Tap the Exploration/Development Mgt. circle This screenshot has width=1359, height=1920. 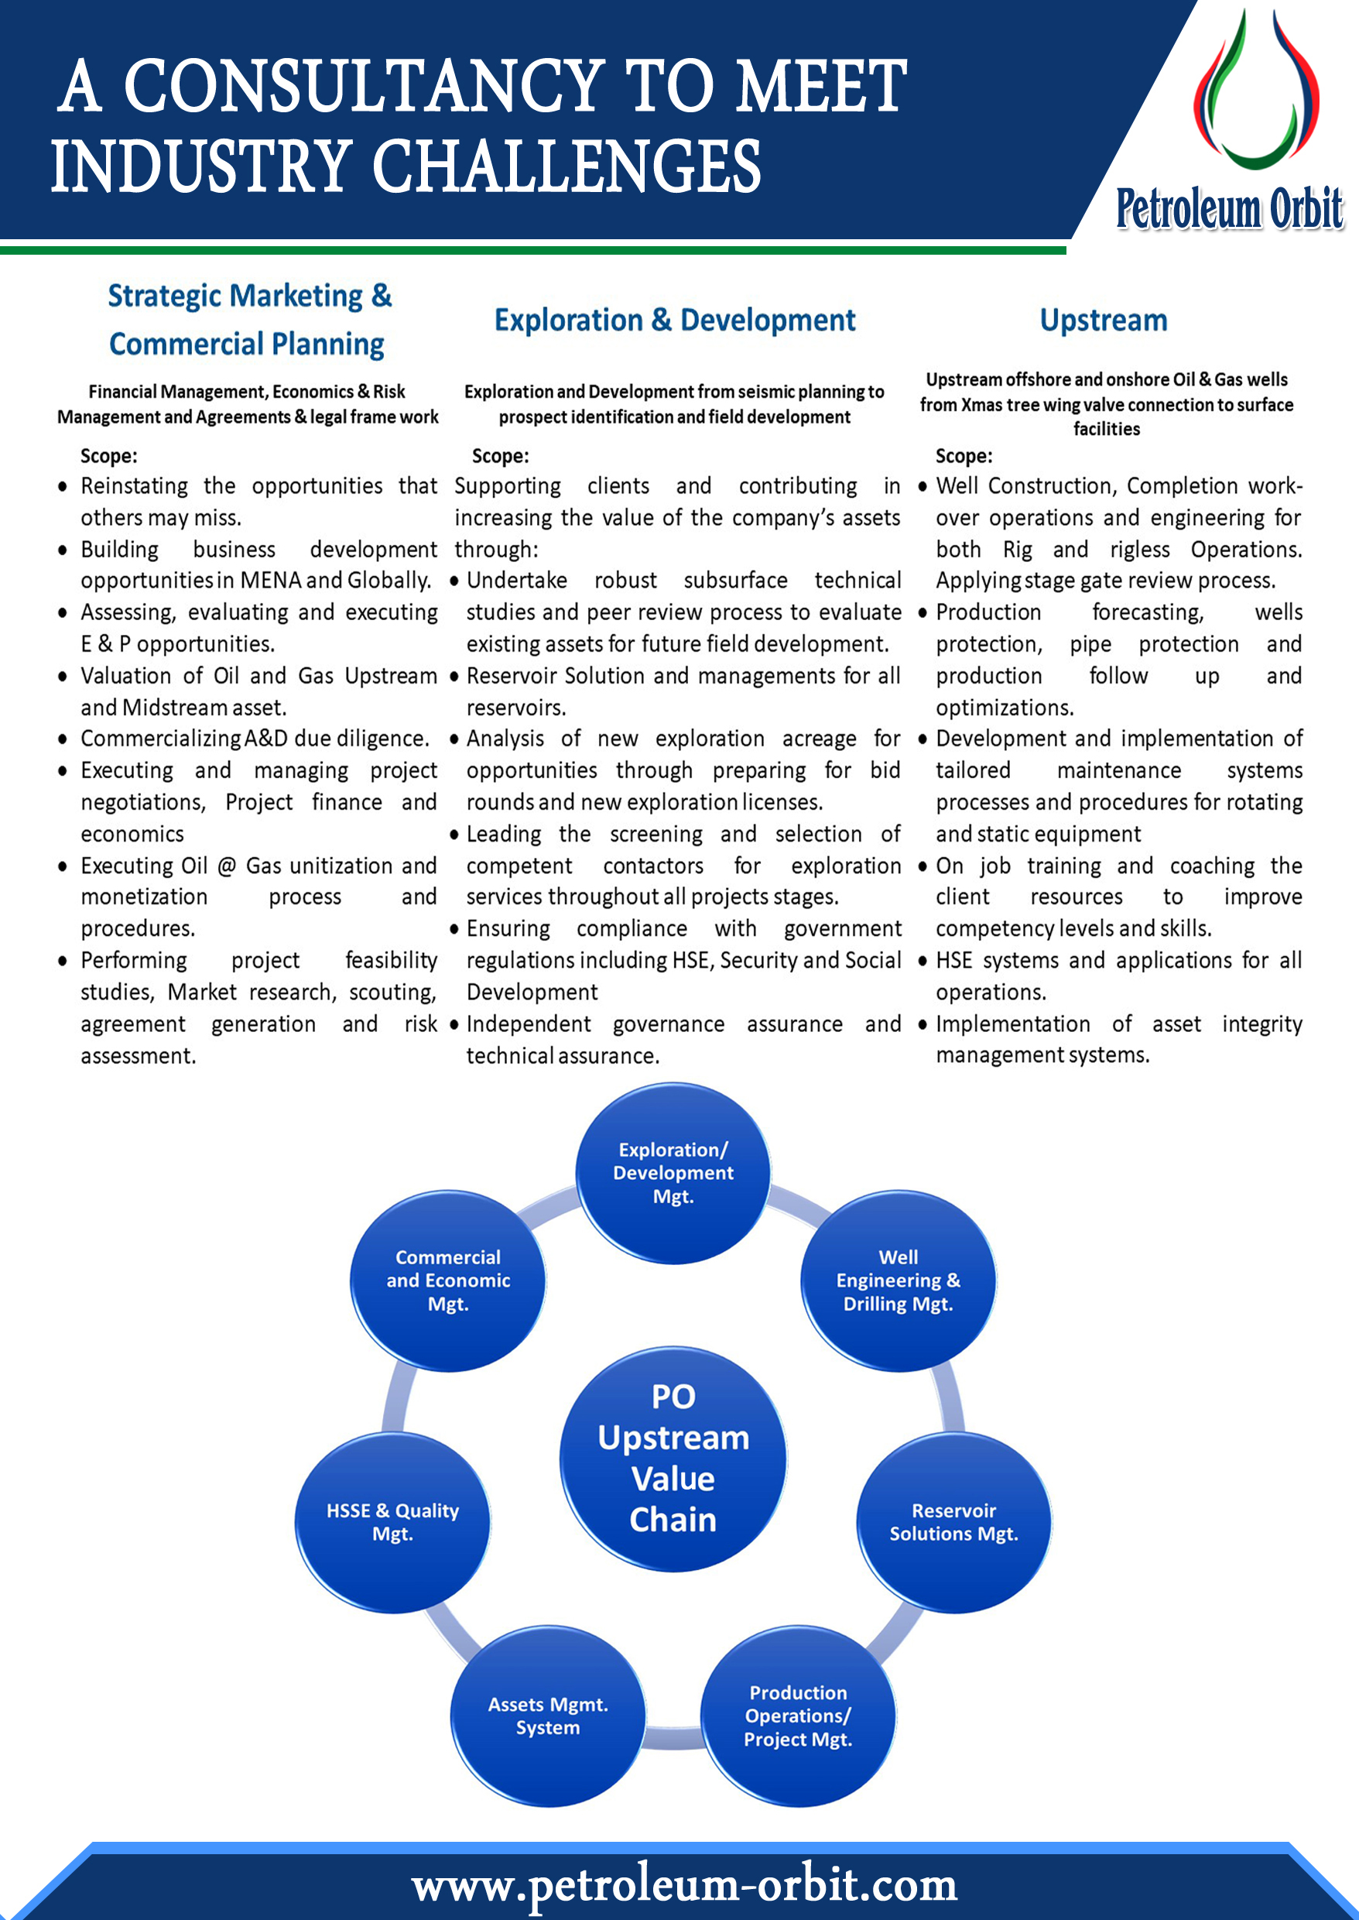pyautogui.click(x=673, y=1173)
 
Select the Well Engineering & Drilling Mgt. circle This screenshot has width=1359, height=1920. pyautogui.click(x=898, y=1281)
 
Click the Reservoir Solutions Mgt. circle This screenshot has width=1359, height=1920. pyautogui.click(x=953, y=1521)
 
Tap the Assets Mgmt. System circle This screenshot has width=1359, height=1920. pyautogui.click(x=548, y=1715)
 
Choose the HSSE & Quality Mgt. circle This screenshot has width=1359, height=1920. pyautogui.click(x=392, y=1521)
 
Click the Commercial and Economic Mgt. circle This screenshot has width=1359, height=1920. pyautogui.click(x=447, y=1281)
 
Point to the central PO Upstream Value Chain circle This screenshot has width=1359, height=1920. pyautogui.click(x=673, y=1458)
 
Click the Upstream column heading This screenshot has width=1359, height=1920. pyautogui.click(x=1103, y=321)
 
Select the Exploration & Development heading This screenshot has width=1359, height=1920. pyautogui.click(x=675, y=321)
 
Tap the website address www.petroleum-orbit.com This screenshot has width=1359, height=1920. pyautogui.click(x=683, y=1885)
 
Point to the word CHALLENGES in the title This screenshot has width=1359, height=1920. pyautogui.click(x=566, y=166)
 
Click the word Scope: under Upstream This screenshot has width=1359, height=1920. pyautogui.click(x=964, y=456)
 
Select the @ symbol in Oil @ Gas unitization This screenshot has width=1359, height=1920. pyautogui.click(x=226, y=866)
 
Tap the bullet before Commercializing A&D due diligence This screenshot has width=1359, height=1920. pyautogui.click(x=63, y=739)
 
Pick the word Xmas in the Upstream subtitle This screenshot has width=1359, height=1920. pyautogui.click(x=984, y=405)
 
